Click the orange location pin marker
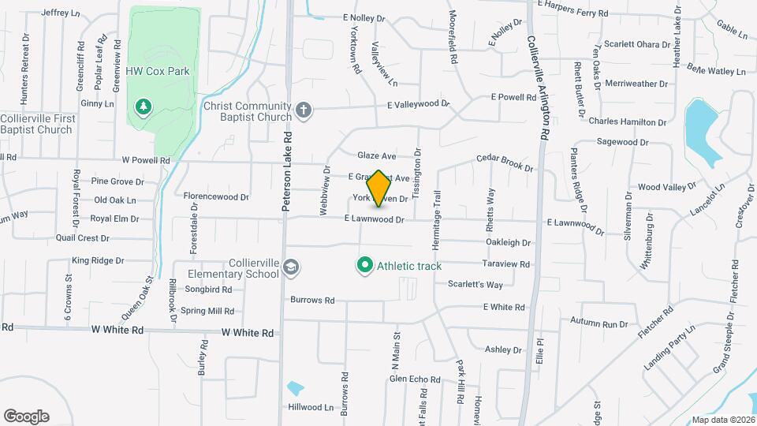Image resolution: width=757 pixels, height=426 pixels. coord(378,188)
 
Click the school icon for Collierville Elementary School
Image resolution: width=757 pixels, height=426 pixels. coord(291,268)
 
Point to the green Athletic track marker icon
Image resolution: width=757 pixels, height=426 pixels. coord(365,266)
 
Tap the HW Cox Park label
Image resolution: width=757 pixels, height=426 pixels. coord(158,71)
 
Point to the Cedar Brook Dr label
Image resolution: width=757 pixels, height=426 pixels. coord(505,163)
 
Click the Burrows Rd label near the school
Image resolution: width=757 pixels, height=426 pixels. coord(313,300)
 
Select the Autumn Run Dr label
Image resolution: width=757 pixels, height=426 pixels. coord(599,323)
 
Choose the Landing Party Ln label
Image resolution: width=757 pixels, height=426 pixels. coord(670,346)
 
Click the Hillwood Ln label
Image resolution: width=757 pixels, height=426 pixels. coord(311,407)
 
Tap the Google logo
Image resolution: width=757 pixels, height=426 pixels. coord(26,417)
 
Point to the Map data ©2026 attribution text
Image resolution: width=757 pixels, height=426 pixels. coord(722,420)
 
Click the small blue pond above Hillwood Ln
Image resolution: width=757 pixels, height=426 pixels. coord(295,388)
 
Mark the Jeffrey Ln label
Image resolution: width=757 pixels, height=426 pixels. coord(61,13)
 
